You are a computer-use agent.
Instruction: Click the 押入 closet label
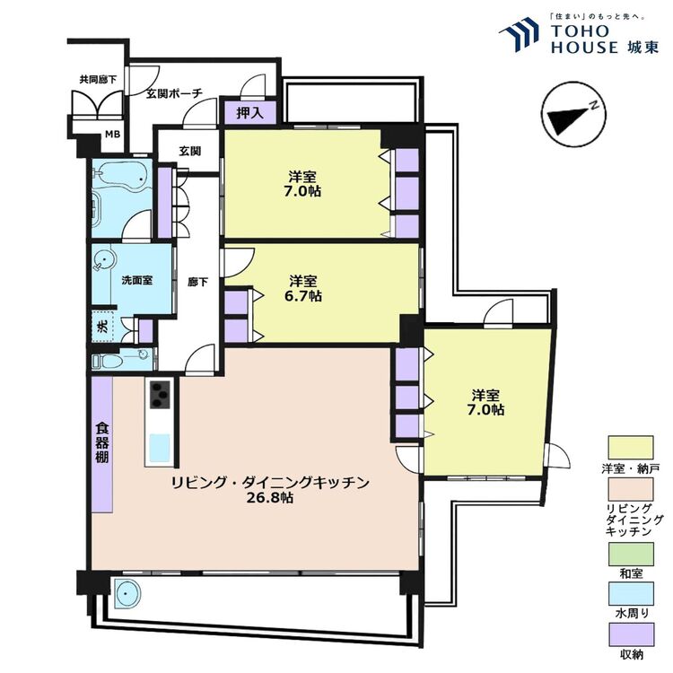[249, 113]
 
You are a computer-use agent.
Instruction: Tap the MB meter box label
[112, 135]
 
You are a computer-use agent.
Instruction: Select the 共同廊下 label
[98, 79]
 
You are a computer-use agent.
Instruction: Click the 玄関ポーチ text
[174, 93]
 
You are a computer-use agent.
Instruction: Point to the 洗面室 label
[137, 280]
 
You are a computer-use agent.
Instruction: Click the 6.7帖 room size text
[303, 296]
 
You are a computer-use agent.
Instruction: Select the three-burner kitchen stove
[160, 395]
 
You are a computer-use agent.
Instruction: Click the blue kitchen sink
[160, 448]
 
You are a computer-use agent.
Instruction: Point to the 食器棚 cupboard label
[102, 442]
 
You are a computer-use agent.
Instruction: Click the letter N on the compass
[594, 105]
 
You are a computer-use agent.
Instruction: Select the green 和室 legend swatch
[631, 555]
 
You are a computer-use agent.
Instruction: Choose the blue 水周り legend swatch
[631, 594]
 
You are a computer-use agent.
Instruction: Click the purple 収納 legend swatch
[631, 634]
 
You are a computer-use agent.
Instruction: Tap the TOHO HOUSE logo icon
[519, 33]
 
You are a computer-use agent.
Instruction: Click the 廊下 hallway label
[198, 282]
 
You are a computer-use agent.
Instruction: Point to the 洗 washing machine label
[102, 327]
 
